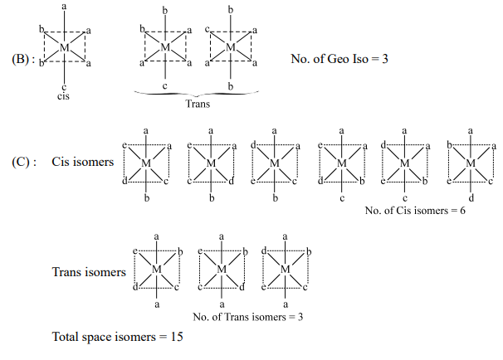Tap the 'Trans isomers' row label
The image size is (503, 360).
(89, 271)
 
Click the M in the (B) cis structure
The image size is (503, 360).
(64, 49)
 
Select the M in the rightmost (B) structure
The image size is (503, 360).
(230, 47)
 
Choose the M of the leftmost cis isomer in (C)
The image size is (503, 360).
(146, 163)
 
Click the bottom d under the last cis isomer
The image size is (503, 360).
(471, 198)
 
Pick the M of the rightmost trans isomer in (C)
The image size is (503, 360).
(286, 270)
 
